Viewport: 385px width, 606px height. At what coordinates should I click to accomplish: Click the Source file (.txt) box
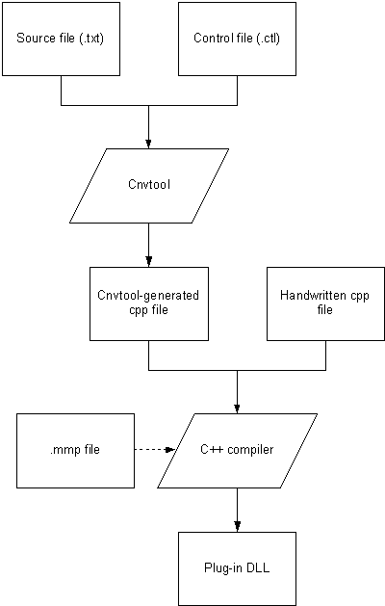click(61, 39)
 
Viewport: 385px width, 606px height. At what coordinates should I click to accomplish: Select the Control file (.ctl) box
click(237, 39)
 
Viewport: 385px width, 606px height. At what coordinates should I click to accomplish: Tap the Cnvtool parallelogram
click(149, 186)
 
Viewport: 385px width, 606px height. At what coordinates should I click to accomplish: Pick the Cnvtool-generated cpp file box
click(149, 303)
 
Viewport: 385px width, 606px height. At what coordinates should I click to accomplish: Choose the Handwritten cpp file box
click(325, 303)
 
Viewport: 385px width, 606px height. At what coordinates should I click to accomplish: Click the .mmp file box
click(75, 451)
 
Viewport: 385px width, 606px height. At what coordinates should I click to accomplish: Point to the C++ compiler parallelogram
click(237, 451)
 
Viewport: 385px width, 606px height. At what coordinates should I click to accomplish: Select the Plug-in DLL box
click(237, 568)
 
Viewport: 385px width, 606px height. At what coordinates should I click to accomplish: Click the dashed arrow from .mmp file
click(154, 450)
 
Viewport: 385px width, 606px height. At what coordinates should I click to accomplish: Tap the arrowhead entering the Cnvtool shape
click(148, 144)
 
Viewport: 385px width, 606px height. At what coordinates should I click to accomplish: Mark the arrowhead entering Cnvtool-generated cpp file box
click(148, 262)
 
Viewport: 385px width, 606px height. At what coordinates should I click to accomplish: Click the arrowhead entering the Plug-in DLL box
click(237, 527)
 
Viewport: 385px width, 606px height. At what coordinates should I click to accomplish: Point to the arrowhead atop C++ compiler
click(237, 408)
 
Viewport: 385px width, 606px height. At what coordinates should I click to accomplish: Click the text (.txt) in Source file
click(91, 39)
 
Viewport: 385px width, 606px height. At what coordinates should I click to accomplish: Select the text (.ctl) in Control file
click(268, 39)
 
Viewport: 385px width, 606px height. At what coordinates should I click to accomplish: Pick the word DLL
click(258, 567)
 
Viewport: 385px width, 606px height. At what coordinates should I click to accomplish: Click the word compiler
click(250, 450)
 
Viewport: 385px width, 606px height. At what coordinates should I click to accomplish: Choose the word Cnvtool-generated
click(148, 296)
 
